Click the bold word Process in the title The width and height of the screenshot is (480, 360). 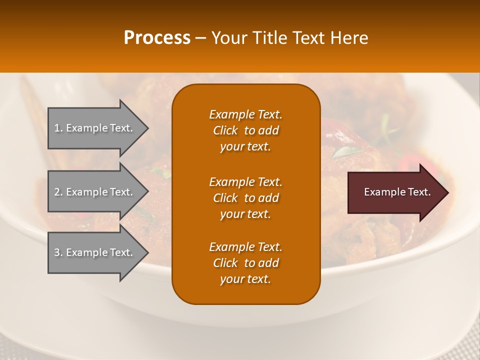(x=157, y=38)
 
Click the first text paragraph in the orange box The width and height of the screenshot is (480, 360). (x=245, y=130)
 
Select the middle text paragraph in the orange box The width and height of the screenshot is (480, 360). (x=245, y=198)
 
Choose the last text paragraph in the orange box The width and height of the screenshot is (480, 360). (x=245, y=263)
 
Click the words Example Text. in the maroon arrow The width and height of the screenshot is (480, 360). (x=397, y=192)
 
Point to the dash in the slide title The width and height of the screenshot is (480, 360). (x=200, y=38)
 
